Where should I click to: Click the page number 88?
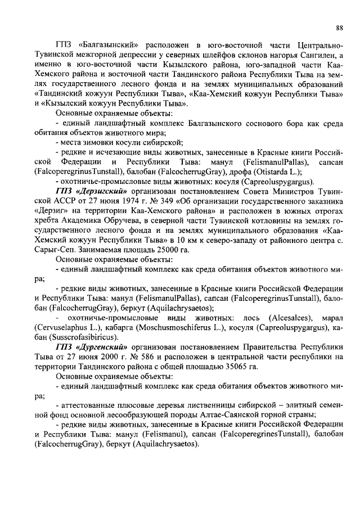339,27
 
